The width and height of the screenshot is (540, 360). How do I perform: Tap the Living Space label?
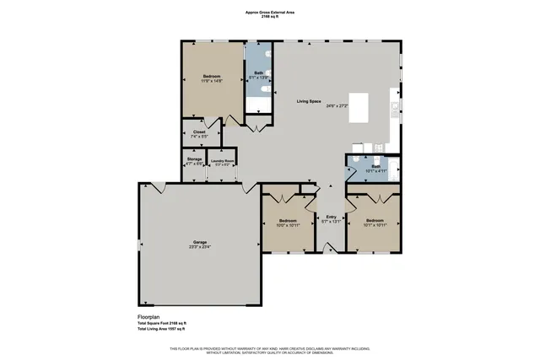click(x=310, y=101)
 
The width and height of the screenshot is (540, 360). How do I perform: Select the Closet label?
click(x=199, y=132)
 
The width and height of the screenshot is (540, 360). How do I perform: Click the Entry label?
click(x=331, y=218)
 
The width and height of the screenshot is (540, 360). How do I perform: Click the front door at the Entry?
click(x=331, y=249)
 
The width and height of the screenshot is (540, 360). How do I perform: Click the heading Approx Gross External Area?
click(x=270, y=12)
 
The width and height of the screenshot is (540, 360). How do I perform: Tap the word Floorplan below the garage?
click(x=149, y=317)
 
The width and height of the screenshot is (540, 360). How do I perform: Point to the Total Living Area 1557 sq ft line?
click(x=163, y=329)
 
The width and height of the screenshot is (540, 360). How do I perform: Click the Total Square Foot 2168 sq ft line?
click(x=162, y=323)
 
